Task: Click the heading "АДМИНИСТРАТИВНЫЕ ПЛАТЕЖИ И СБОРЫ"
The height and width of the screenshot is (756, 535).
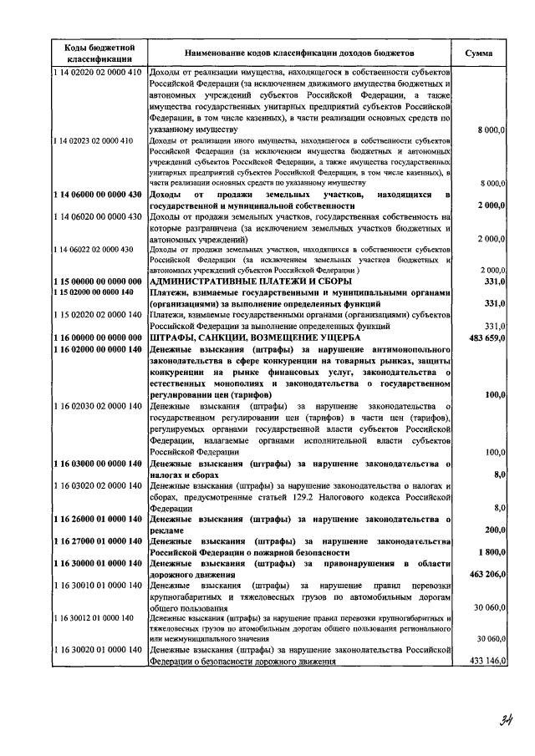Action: pos(256,282)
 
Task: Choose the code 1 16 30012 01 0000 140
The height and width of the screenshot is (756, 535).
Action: pos(94,618)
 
